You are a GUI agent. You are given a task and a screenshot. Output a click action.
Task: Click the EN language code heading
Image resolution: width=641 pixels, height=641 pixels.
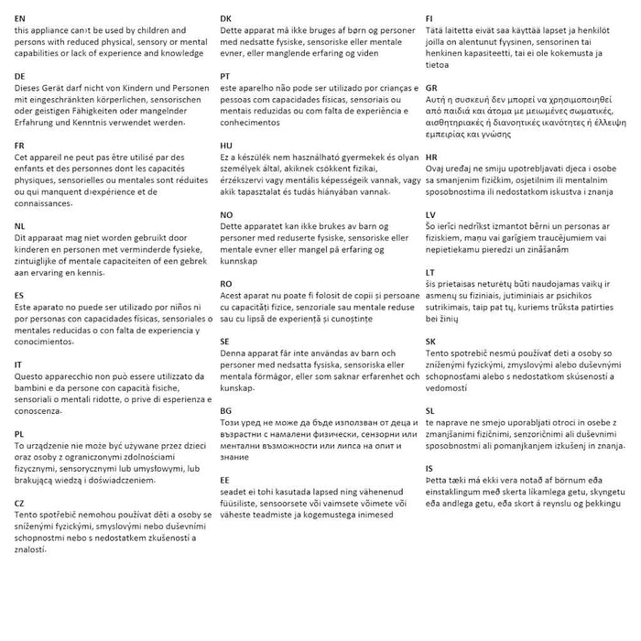[20, 17]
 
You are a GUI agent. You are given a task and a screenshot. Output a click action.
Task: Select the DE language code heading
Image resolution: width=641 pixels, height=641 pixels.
[20, 76]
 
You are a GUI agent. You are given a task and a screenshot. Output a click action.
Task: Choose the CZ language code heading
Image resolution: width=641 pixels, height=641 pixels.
[20, 502]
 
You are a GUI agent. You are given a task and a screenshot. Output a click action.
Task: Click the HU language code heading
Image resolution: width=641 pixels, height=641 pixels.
[226, 145]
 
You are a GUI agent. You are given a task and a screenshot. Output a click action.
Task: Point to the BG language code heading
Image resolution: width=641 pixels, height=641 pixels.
[226, 410]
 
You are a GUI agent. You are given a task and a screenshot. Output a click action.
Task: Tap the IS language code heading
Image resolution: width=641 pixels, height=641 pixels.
[429, 468]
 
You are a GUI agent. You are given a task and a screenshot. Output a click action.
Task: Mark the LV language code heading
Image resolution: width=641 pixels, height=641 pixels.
[431, 214]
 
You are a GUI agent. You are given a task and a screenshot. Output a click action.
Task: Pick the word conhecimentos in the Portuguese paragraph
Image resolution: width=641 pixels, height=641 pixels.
[255, 121]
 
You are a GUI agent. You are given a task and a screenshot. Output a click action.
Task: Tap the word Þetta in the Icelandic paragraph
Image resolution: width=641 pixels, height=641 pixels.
[440, 480]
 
